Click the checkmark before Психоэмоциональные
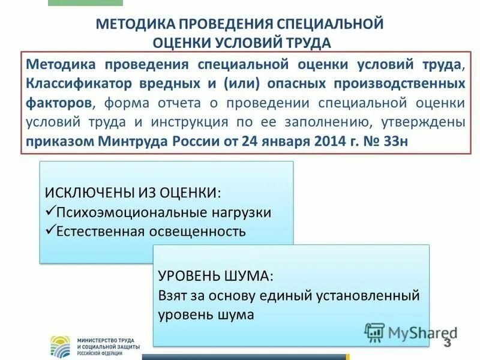pos(50,212)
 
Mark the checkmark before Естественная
pos(50,231)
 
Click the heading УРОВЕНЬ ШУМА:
pos(215,275)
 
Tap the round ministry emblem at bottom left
pos(60,346)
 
